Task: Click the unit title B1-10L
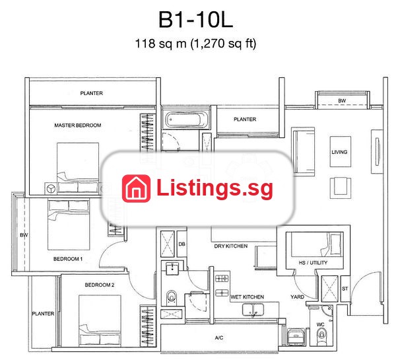click(x=195, y=20)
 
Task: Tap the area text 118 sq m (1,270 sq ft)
click(x=196, y=43)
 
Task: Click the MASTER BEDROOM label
click(x=78, y=125)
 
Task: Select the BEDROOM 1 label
click(x=68, y=259)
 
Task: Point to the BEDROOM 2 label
click(x=100, y=285)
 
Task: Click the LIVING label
click(x=339, y=152)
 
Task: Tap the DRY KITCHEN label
click(x=231, y=246)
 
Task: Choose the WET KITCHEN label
click(x=247, y=297)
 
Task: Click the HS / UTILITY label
click(x=313, y=263)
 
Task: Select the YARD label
click(x=297, y=297)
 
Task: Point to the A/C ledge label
click(x=219, y=338)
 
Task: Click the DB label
click(x=182, y=244)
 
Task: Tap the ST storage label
click(x=345, y=289)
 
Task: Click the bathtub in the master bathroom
click(x=187, y=119)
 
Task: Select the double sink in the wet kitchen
click(x=253, y=310)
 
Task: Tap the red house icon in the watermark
click(x=137, y=189)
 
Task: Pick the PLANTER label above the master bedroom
click(x=92, y=93)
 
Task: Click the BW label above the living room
click(x=342, y=100)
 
